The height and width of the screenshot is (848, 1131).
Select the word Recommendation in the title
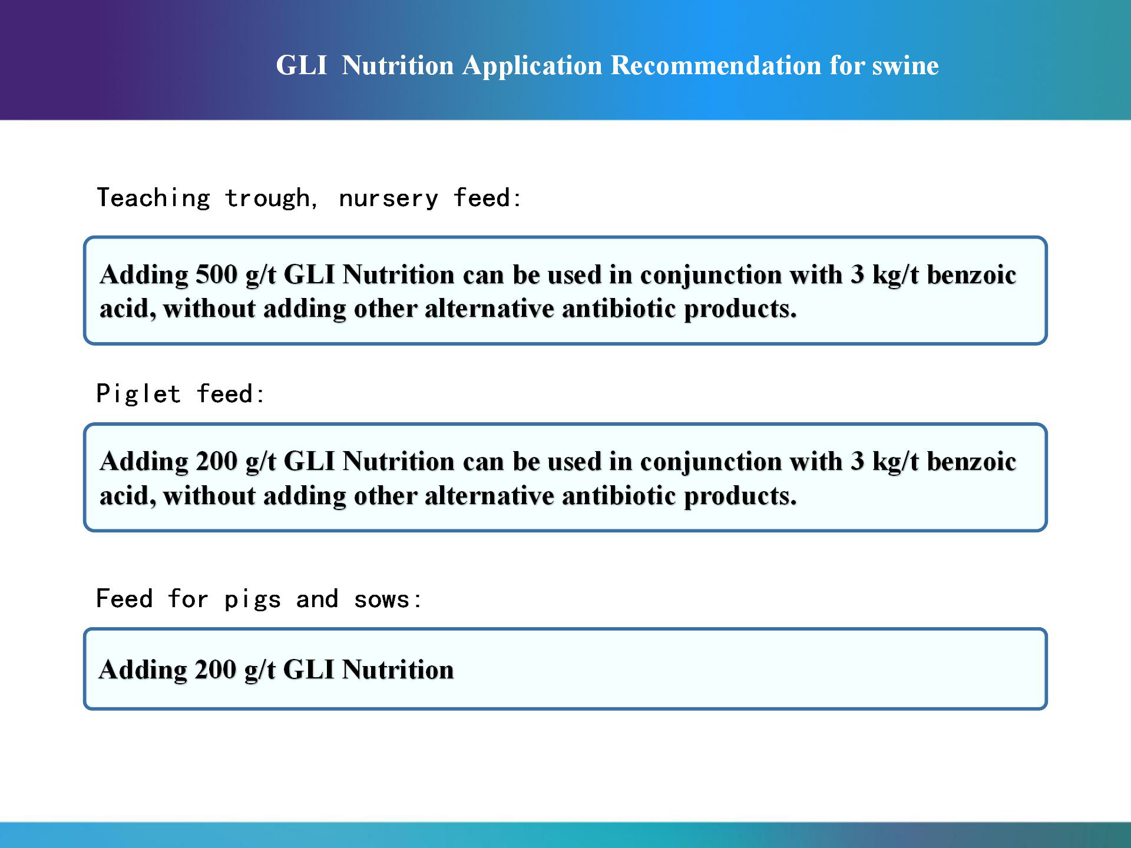[716, 65]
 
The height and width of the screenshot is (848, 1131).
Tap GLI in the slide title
[302, 65]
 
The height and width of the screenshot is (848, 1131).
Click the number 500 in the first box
[216, 274]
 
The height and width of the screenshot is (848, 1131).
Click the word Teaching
[154, 198]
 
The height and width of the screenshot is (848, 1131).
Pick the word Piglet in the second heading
[138, 394]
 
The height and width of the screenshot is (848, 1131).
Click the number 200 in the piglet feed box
[216, 461]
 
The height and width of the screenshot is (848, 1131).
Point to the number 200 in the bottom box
[216, 670]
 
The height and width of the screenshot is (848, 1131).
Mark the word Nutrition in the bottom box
[398, 670]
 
